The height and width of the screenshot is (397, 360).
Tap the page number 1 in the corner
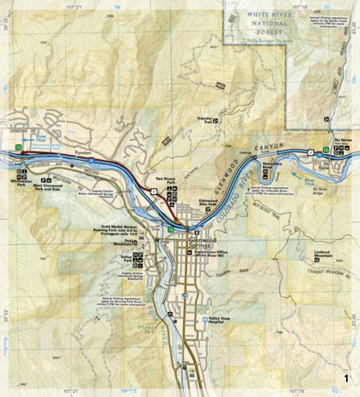tap(345, 378)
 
